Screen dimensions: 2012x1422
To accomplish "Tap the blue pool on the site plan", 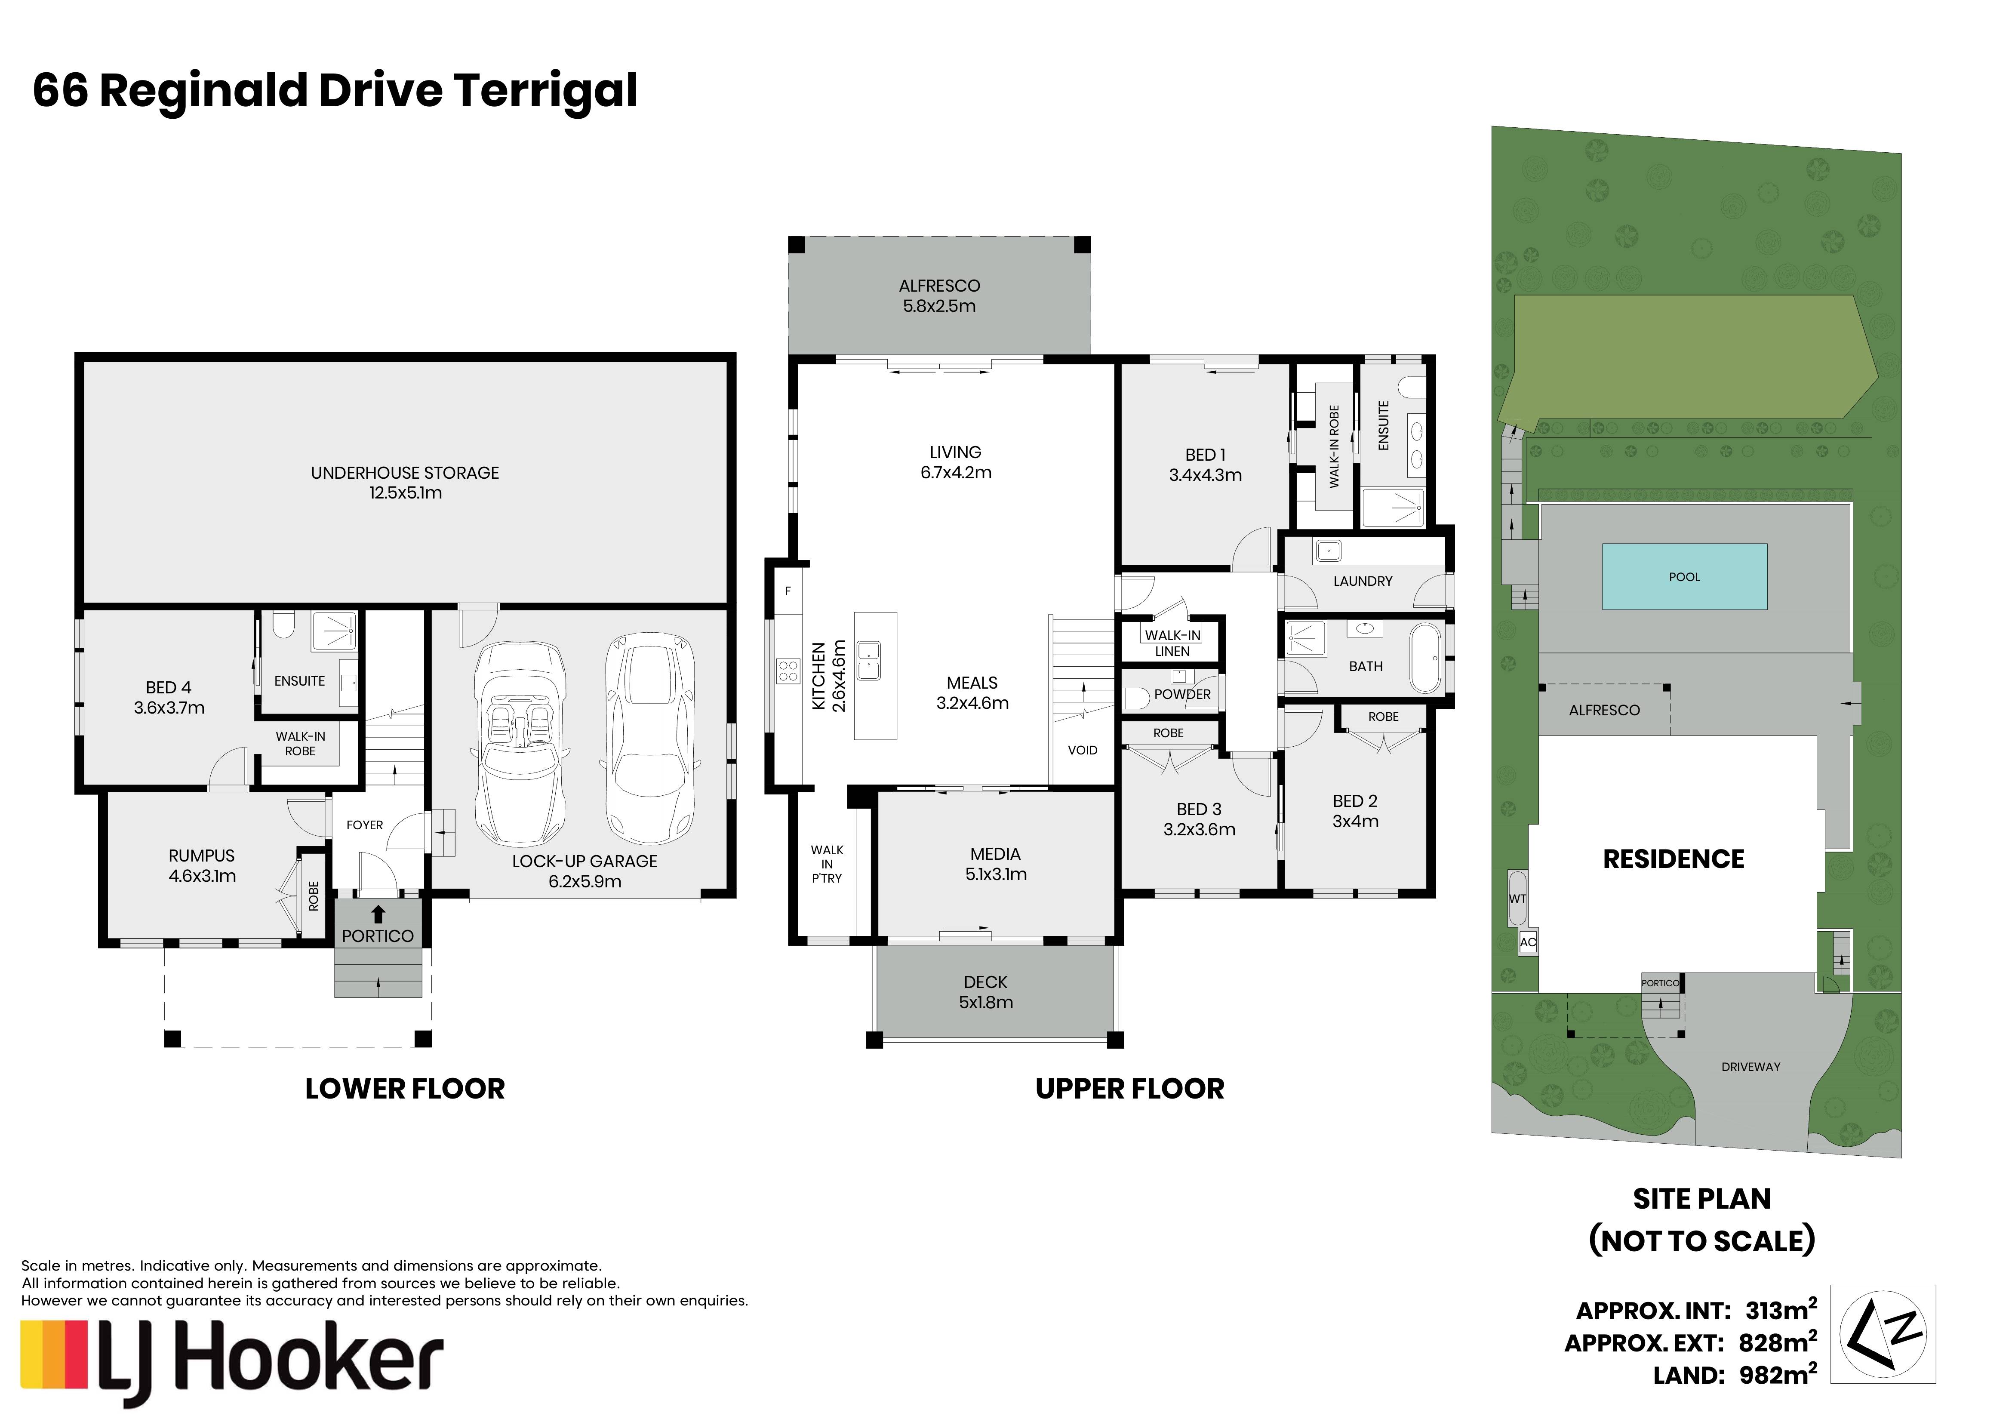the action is click(1684, 576).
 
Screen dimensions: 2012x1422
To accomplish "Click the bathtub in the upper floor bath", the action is click(1426, 658).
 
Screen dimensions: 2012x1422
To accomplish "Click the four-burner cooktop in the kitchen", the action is click(788, 671).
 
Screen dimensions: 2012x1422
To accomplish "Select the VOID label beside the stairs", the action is click(1082, 750).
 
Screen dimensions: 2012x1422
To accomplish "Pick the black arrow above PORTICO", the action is click(378, 915).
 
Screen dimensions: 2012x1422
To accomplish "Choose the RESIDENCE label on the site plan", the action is click(1674, 859).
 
